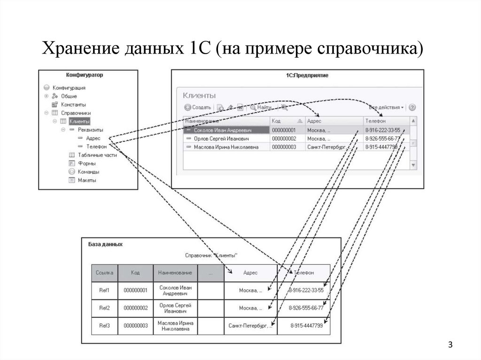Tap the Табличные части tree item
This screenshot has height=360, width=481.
(x=97, y=155)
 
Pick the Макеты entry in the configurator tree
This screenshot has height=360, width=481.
(x=86, y=180)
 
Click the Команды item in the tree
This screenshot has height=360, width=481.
(x=88, y=172)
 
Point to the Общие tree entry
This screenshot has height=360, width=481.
(x=69, y=96)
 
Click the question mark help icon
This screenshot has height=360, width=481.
(x=412, y=107)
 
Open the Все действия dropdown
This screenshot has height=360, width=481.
(x=386, y=107)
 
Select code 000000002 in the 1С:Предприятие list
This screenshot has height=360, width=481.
(x=284, y=139)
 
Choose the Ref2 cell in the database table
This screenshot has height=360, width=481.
(x=104, y=308)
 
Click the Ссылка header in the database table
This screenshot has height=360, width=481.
(x=104, y=273)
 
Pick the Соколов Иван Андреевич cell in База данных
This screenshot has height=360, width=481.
(x=175, y=290)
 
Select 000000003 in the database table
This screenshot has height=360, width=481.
(x=135, y=326)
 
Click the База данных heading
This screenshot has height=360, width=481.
(x=106, y=245)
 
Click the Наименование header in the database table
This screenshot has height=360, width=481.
(x=175, y=273)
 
